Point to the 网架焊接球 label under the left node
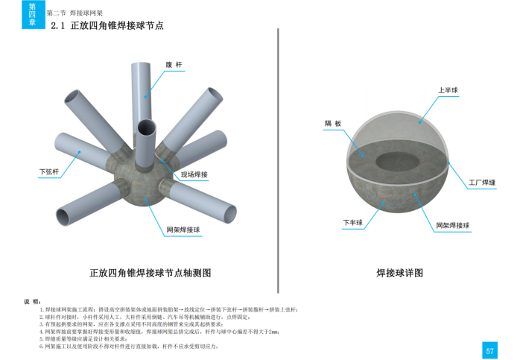click(x=182, y=230)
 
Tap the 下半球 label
click(x=352, y=222)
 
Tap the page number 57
click(x=489, y=350)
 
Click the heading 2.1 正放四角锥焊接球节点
click(x=107, y=25)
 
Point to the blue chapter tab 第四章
click(x=32, y=14)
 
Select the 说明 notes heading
click(x=32, y=302)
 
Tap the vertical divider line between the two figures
click(x=278, y=149)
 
